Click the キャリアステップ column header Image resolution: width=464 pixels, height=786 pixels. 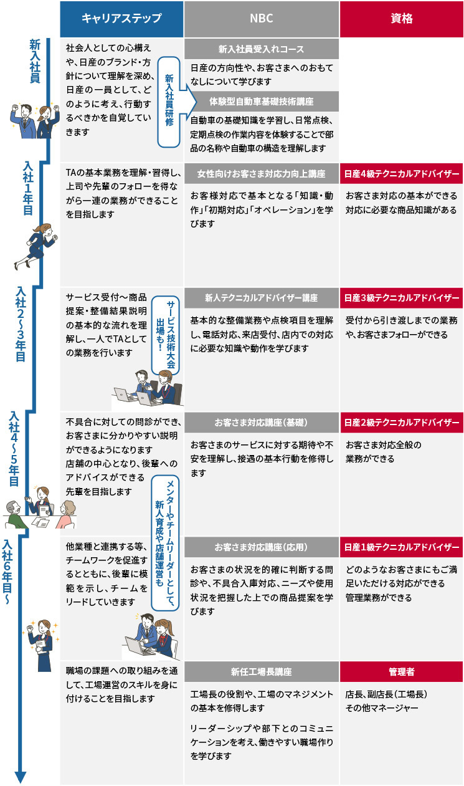(121, 19)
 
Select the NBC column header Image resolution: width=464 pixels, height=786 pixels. (261, 19)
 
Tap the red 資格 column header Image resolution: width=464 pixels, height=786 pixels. (401, 19)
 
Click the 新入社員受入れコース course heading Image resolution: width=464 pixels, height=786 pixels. (261, 49)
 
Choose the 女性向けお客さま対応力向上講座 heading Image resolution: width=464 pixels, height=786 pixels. (261, 173)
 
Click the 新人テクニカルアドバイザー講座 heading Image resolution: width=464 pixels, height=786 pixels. (261, 298)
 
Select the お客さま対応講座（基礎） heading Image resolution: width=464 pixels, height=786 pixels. (261, 422)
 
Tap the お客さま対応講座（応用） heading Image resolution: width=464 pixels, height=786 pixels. (261, 547)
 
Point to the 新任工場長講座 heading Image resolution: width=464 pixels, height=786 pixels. (261, 672)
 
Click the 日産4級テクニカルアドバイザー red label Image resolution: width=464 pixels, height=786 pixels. (401, 173)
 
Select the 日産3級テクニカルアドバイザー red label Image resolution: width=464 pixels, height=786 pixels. (401, 298)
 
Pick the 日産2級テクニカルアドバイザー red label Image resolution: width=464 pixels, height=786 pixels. (401, 422)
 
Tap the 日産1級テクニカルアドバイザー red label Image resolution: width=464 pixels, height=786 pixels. (401, 547)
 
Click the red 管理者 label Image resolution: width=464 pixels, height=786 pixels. (401, 672)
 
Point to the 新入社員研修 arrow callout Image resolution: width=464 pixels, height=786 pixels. (171, 101)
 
